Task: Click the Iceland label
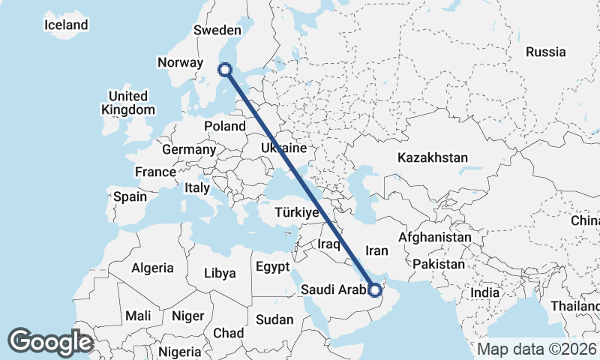tap(67, 25)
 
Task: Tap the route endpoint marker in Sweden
tap(225, 70)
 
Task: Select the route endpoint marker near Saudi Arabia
tap(375, 289)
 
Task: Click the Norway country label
tap(181, 63)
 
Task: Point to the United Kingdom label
tap(128, 103)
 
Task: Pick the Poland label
tap(224, 126)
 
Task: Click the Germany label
tap(189, 149)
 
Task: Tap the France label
tap(155, 172)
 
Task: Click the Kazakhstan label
tap(433, 158)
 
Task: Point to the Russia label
tap(545, 52)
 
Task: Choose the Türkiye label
tap(298, 212)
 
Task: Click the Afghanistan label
tap(435, 237)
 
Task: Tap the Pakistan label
tap(439, 264)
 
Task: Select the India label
tap(485, 292)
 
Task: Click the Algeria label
tap(153, 267)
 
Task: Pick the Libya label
tap(220, 273)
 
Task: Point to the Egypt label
tap(272, 267)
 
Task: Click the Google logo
tap(50, 341)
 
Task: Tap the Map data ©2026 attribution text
tap(536, 349)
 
